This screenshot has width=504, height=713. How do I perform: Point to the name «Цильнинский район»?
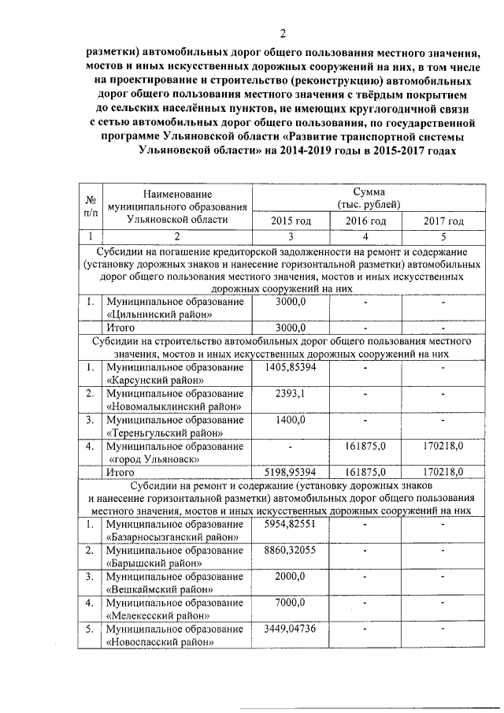160,314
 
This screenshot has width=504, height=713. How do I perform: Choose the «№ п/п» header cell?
92,206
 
